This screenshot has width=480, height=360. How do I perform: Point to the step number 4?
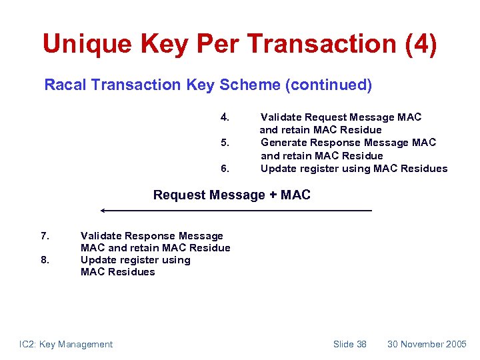click(x=225, y=117)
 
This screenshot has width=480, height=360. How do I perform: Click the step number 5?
click(x=225, y=143)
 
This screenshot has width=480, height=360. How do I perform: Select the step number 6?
click(x=225, y=169)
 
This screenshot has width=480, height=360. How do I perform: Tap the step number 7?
click(x=45, y=236)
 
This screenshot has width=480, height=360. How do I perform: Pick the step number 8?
click(x=45, y=260)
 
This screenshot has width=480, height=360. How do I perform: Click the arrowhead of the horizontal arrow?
click(x=103, y=211)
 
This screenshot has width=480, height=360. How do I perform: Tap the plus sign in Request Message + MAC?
click(x=273, y=195)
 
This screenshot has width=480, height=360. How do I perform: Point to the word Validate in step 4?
click(x=281, y=117)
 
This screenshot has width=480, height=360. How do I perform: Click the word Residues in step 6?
click(x=425, y=169)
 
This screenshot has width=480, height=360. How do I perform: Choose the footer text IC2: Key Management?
click(x=66, y=344)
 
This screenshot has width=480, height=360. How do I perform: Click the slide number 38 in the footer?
click(x=361, y=344)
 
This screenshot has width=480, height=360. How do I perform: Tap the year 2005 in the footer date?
click(x=456, y=344)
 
